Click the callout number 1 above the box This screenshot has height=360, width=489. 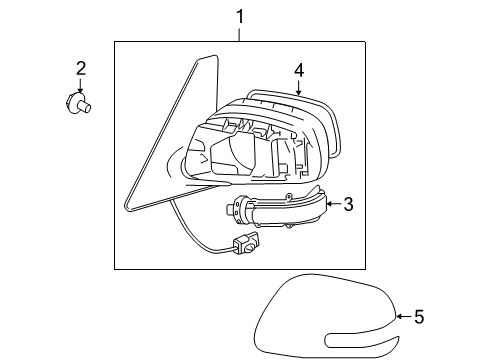[240, 16]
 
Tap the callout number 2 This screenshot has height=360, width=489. [81, 68]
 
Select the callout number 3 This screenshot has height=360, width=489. [348, 205]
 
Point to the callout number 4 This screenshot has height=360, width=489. [298, 70]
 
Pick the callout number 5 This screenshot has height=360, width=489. [419, 317]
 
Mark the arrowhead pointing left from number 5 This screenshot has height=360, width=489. [398, 317]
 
